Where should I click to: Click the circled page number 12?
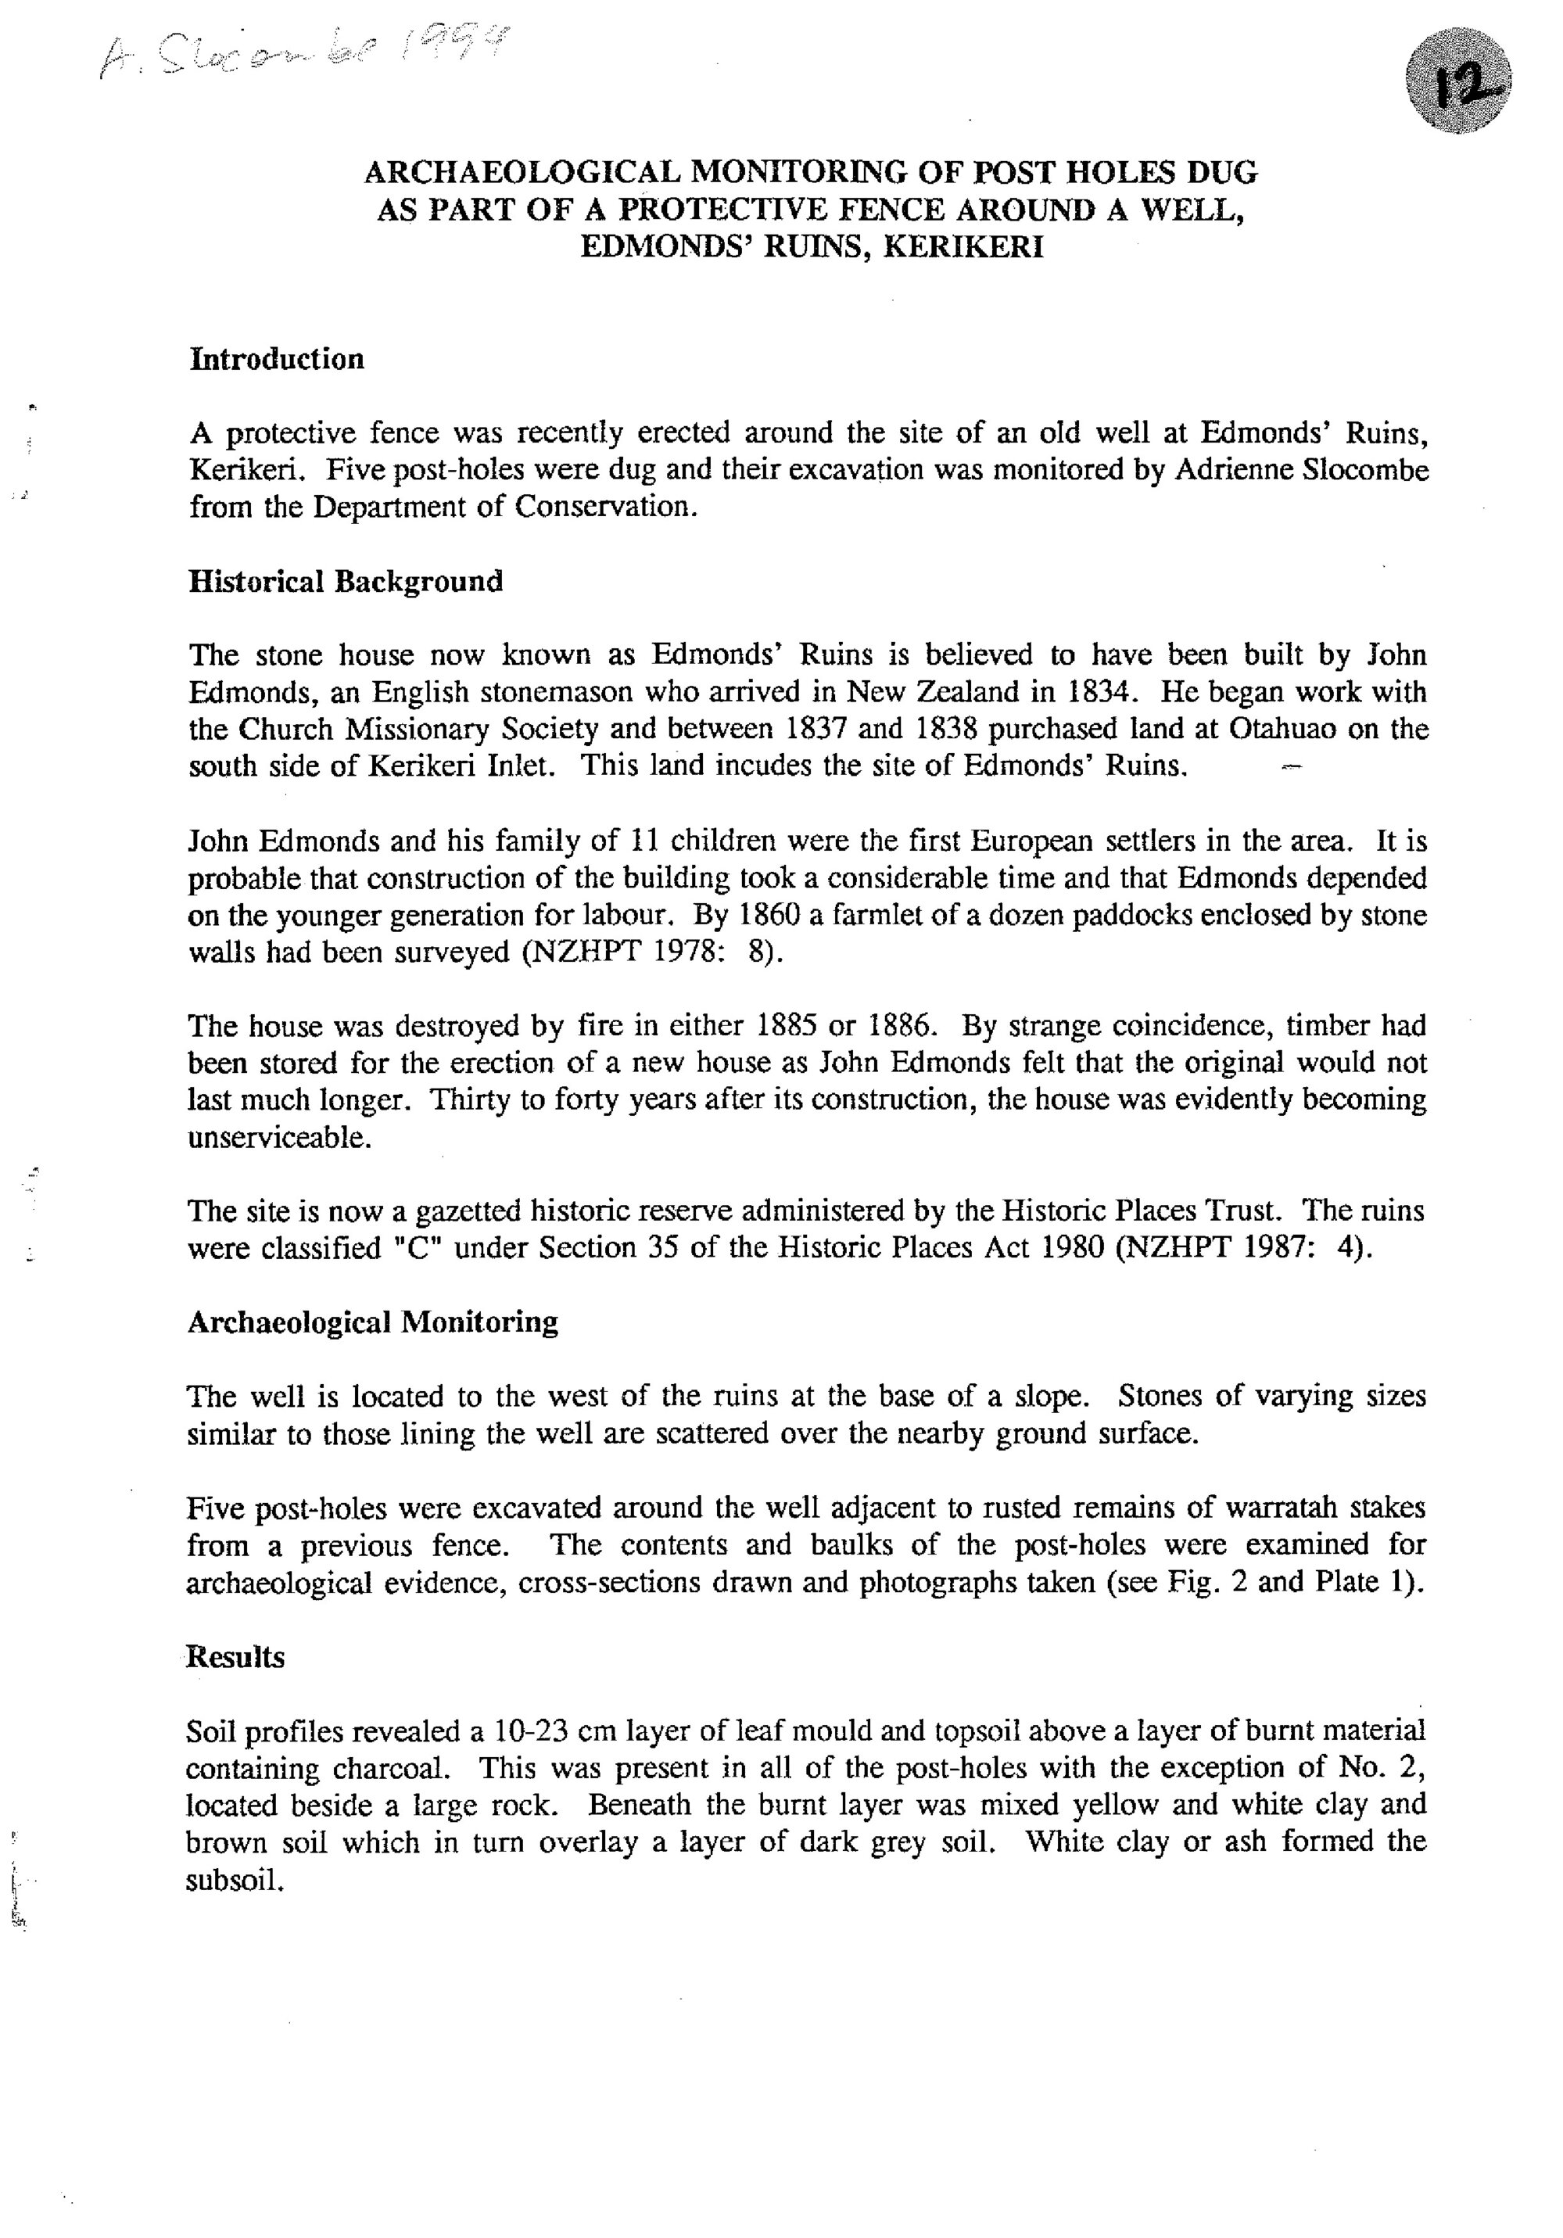point(1457,80)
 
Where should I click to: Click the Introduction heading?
point(277,359)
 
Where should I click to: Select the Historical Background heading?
point(345,581)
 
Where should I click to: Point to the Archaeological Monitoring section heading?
point(372,1322)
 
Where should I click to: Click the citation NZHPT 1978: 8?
point(652,952)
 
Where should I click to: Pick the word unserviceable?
point(278,1136)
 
